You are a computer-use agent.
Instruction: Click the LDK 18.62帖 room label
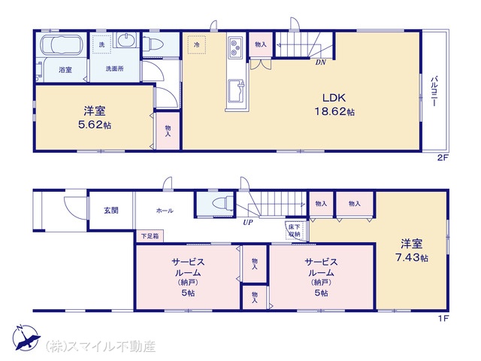pos(334,105)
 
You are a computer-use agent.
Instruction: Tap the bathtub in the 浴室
pos(62,45)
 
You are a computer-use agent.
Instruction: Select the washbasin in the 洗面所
pos(126,41)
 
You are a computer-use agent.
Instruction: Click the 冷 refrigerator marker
pos(196,45)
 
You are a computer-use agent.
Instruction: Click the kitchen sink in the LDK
pos(237,89)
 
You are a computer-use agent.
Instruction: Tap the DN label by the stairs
pos(321,62)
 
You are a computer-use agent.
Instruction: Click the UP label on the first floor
pos(247,223)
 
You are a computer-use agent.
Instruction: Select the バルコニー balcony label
pos(434,91)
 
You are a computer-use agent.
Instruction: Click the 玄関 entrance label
pos(110,211)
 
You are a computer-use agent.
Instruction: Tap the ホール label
pos(165,211)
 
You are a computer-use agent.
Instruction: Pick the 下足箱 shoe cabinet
pos(150,236)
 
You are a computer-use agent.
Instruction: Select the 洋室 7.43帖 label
pos(412,250)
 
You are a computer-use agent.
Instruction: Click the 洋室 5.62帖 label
pos(95,117)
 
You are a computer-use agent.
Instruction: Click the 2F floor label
pos(443,158)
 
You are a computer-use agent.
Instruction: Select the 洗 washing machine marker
pos(102,45)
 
